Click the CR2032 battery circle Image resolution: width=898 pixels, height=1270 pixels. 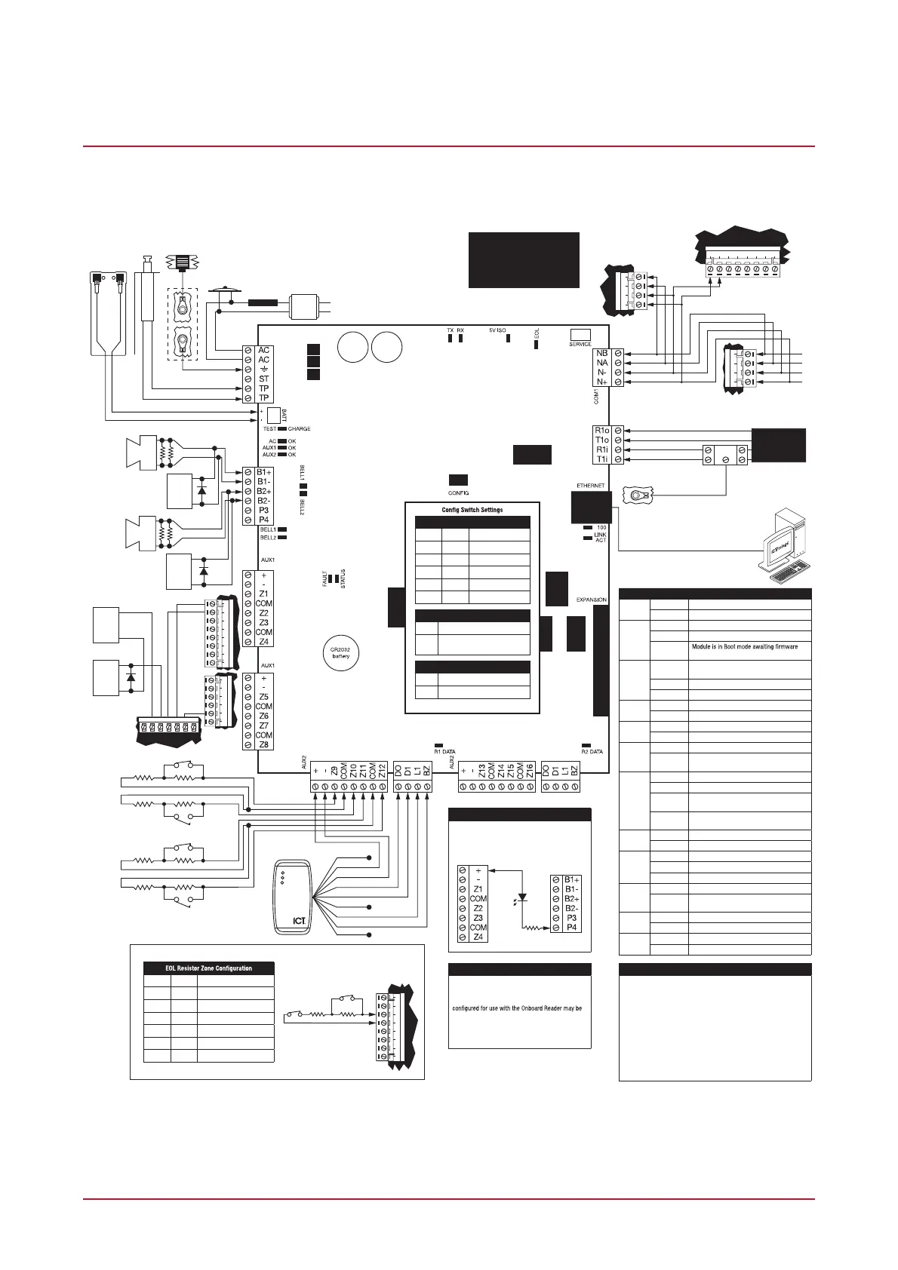click(x=340, y=652)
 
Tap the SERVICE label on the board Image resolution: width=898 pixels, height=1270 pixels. click(x=580, y=345)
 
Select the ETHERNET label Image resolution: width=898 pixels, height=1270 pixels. click(x=590, y=486)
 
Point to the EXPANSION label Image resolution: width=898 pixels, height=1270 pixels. click(x=591, y=600)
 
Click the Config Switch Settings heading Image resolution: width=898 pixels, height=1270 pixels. click(x=472, y=510)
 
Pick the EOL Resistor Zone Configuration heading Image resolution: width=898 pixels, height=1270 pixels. click(x=209, y=968)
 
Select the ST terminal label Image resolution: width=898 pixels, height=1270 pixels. click(x=264, y=379)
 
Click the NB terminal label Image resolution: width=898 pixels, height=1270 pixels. click(x=601, y=353)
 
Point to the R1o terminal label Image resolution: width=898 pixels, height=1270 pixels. click(x=601, y=431)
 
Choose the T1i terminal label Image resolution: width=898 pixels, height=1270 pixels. click(x=601, y=459)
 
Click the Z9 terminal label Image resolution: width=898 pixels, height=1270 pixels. click(x=334, y=772)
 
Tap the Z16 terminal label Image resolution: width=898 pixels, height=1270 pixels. click(x=530, y=772)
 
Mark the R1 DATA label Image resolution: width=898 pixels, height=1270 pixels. click(x=444, y=752)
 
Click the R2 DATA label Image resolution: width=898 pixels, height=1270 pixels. click(x=592, y=752)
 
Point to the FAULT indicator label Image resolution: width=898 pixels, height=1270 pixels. click(x=324, y=579)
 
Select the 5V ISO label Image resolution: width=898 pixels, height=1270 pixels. click(x=499, y=330)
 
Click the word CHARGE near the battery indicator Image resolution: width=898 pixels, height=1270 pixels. click(x=299, y=428)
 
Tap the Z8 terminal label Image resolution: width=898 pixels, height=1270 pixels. click(x=263, y=745)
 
